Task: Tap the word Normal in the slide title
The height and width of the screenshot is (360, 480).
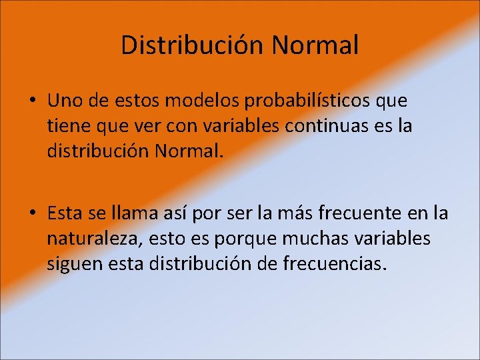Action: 315,45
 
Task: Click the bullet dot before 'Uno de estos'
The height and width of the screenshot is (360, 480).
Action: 32,101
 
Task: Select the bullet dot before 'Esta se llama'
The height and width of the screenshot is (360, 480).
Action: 32,213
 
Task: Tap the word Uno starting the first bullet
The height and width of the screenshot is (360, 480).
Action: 63,101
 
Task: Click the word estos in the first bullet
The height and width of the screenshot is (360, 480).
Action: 143,101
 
